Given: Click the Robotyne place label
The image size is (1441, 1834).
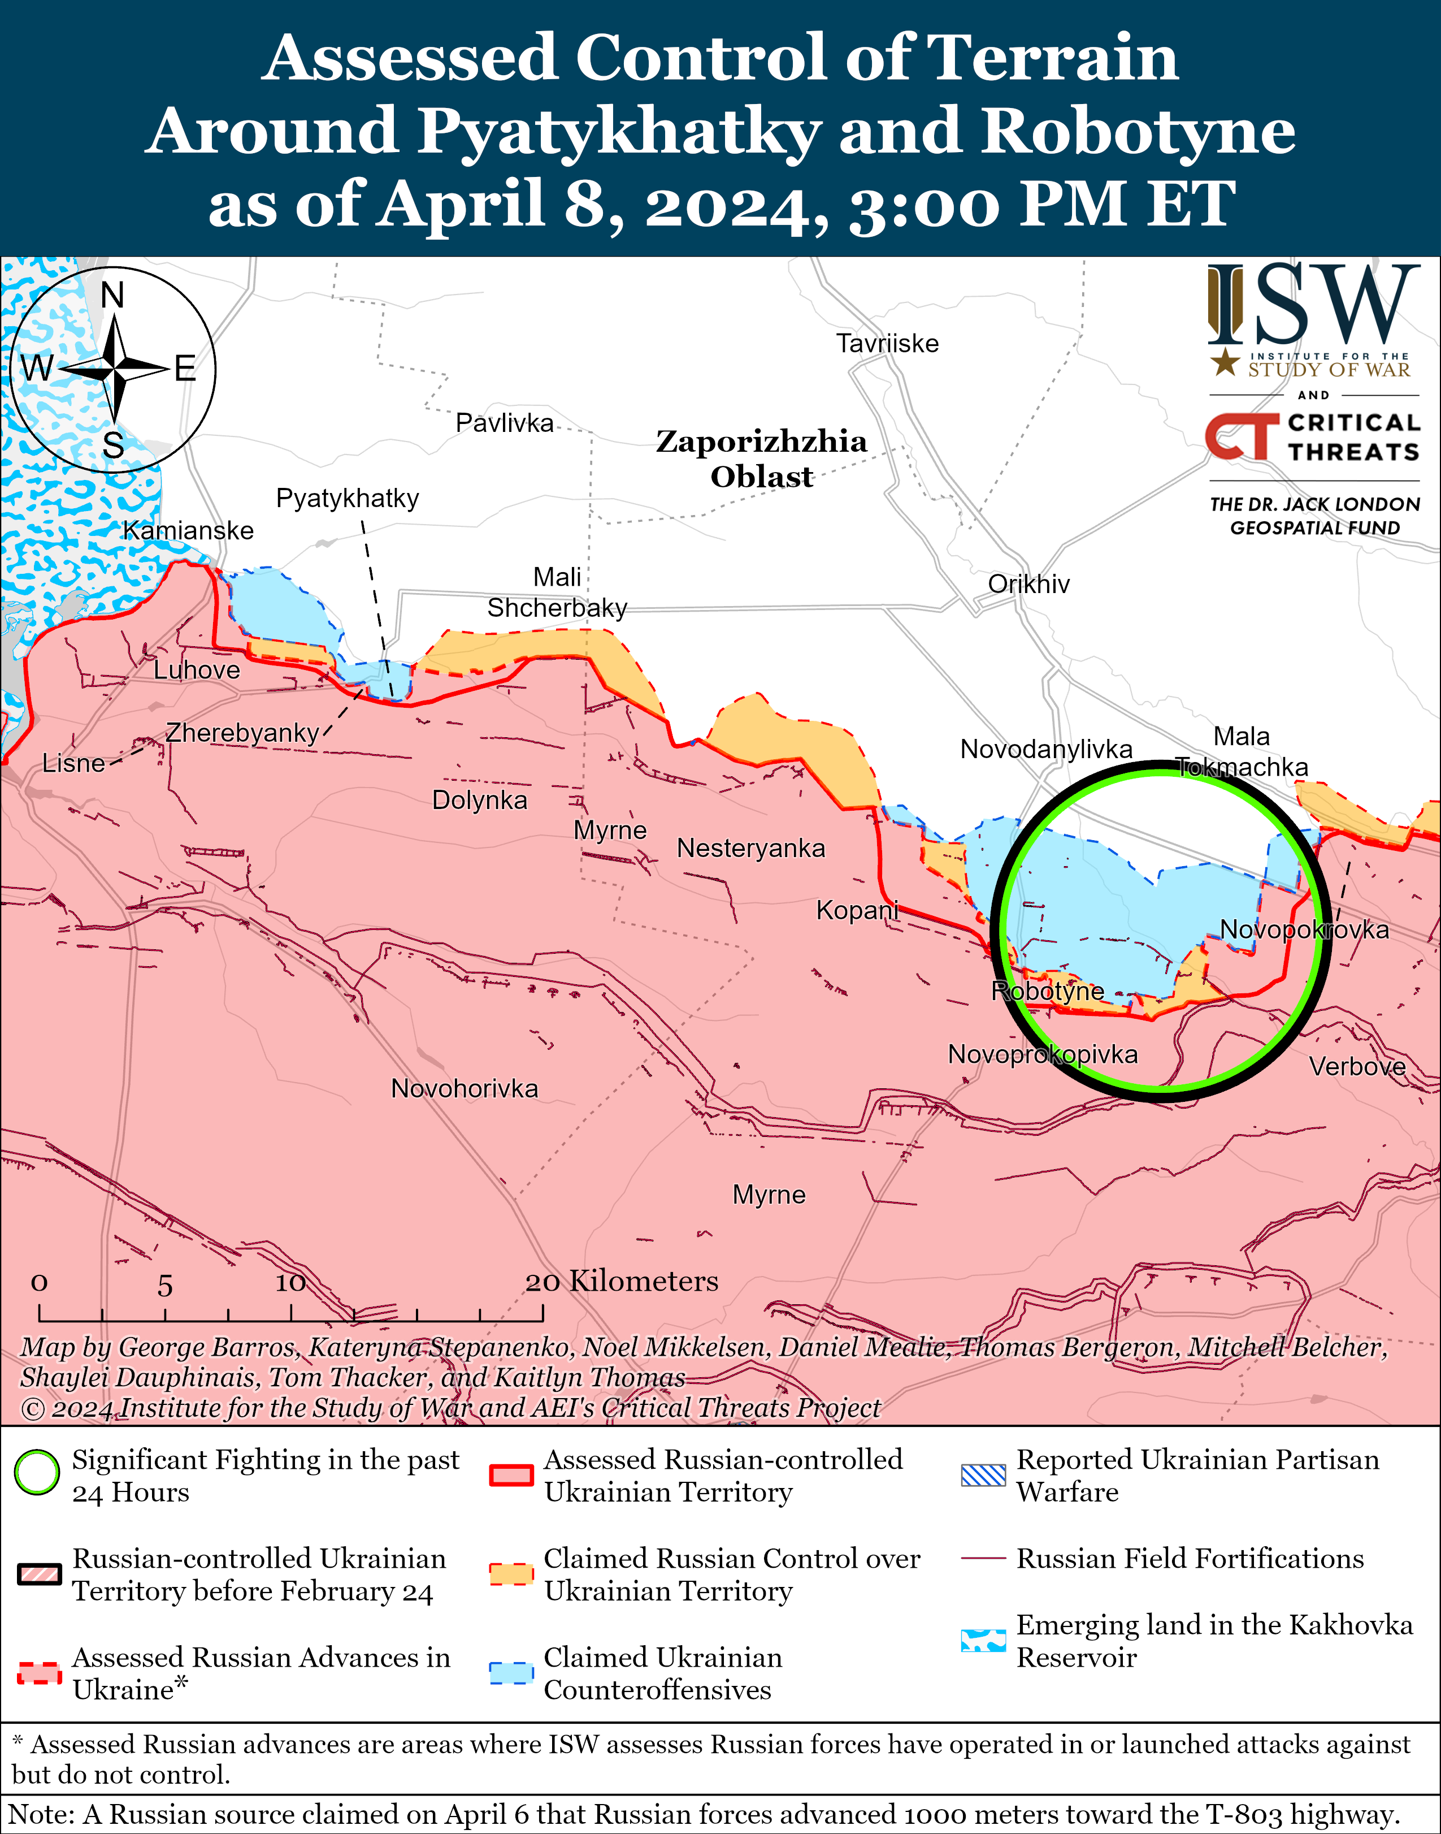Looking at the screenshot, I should [x=1047, y=991].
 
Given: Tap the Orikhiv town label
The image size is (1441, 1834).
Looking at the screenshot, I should [x=1028, y=584].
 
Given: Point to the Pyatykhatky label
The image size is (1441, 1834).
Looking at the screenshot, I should [x=347, y=498].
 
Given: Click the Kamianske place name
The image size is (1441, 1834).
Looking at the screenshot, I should [x=188, y=531].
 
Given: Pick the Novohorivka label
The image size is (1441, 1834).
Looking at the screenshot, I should [x=464, y=1089].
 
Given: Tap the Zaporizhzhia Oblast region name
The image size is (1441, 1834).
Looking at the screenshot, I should [x=761, y=459].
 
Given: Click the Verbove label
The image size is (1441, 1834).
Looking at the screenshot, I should [x=1357, y=1067].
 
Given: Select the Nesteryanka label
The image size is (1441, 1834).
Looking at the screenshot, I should [x=751, y=848].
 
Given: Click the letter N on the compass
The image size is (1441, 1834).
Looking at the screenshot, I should [x=112, y=296].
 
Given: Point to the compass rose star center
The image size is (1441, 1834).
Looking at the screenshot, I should [x=113, y=369].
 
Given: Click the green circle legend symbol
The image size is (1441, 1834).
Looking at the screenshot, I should [x=37, y=1472].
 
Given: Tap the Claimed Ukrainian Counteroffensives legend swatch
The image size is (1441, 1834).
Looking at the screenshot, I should [x=511, y=1672].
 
